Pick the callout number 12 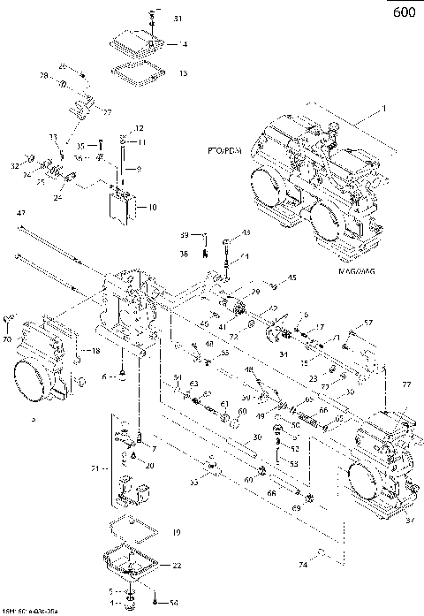[139, 128]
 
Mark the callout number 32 [15, 165]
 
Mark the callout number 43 [246, 232]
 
